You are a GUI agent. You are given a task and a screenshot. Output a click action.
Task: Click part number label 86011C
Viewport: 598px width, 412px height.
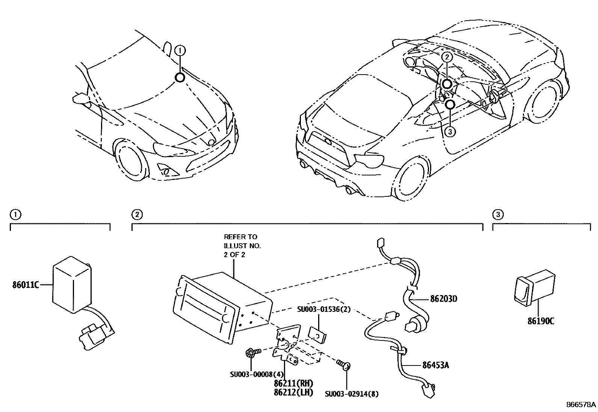[x=26, y=285]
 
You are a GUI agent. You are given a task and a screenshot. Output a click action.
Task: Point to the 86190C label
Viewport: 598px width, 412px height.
[x=541, y=321]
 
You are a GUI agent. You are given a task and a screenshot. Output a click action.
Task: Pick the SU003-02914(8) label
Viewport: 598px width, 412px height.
[x=352, y=394]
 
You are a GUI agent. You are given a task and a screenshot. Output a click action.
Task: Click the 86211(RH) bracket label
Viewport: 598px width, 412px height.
[x=299, y=384]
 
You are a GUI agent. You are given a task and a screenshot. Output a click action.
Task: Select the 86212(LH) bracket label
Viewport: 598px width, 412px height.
[x=299, y=393]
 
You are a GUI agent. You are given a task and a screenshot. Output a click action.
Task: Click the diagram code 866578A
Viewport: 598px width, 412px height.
[x=581, y=405]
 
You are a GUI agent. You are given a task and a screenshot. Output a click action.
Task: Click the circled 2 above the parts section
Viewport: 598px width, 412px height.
[x=137, y=214]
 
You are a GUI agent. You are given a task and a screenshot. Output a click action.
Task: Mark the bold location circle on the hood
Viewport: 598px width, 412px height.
[x=180, y=78]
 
